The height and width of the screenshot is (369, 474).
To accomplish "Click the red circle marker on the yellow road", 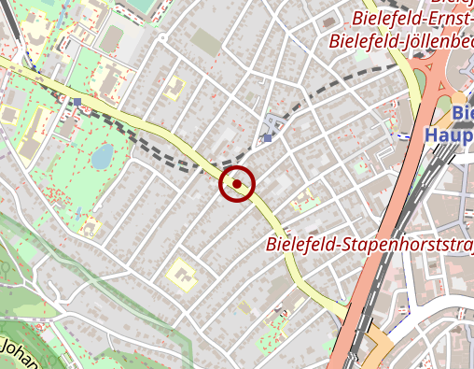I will click(237, 184).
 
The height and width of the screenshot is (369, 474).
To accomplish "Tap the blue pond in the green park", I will click(101, 156).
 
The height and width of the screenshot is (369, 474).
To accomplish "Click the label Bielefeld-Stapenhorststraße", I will click(369, 245).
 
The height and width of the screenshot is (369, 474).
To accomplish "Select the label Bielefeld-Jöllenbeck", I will click(401, 41).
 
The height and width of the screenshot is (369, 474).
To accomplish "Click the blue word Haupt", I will click(448, 135).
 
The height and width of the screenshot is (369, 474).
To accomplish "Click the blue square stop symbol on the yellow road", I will click(77, 101).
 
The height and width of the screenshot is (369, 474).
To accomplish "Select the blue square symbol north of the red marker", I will click(268, 137).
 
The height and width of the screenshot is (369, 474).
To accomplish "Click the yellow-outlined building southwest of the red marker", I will click(180, 276).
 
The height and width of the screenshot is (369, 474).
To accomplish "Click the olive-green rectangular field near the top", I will click(206, 40).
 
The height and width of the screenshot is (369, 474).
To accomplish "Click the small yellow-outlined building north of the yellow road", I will click(173, 90).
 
